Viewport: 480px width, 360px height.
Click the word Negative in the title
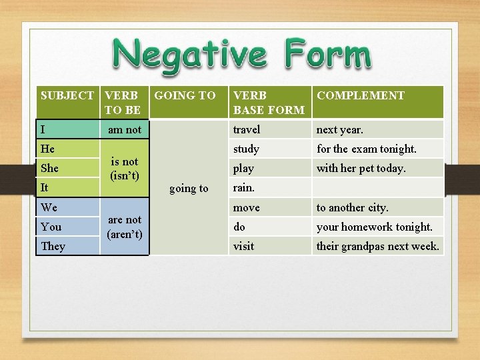point(190,55)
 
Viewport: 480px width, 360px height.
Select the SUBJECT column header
point(67,95)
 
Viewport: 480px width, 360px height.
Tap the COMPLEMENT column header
point(360,95)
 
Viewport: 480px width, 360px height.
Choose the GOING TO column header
point(185,95)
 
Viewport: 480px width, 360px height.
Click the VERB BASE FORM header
point(268,102)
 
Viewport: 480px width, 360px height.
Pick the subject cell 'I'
point(44,129)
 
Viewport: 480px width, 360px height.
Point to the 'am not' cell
point(125,129)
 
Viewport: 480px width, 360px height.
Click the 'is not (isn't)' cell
point(125,169)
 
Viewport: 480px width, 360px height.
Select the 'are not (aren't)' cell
point(125,227)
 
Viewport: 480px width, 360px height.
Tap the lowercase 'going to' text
point(189,188)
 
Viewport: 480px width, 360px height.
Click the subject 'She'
point(49,168)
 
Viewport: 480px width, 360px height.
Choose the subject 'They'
point(53,246)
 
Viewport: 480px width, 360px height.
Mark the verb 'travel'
point(247,129)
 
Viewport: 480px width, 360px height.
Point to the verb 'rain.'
point(244,187)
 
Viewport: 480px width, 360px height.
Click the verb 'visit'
point(243,246)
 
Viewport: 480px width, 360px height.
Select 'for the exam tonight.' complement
point(366,149)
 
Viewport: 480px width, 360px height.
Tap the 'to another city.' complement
point(352,207)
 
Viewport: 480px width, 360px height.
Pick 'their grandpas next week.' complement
point(377,246)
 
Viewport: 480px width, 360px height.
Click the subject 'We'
point(49,207)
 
